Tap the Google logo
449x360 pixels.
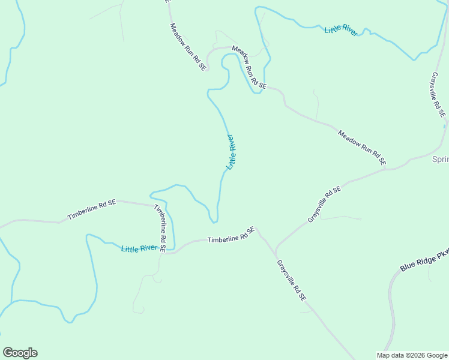20,353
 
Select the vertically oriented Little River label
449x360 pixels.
231,152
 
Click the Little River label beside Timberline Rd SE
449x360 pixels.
139,248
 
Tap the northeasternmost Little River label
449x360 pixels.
340,30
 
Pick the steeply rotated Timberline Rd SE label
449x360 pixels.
160,227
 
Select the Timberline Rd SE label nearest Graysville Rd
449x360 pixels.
231,235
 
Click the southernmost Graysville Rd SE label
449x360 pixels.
292,280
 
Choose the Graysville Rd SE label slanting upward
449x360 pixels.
324,205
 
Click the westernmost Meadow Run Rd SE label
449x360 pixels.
188,47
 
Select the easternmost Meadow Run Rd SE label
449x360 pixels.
361,148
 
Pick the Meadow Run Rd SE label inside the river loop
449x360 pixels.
249,68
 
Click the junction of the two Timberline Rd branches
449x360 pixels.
164,253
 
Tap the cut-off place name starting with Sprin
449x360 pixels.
441,159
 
